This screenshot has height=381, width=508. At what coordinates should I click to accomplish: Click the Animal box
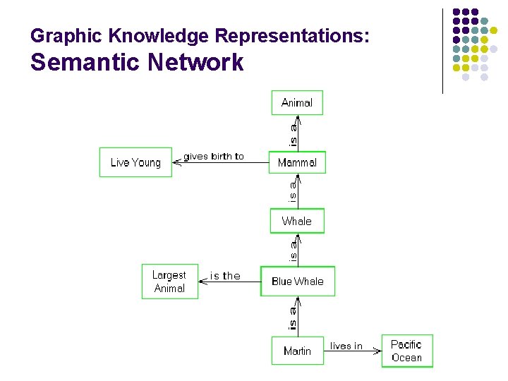pos(297,102)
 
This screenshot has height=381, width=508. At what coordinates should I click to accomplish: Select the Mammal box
pos(297,162)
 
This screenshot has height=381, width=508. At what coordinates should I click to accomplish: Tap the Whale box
pos(297,221)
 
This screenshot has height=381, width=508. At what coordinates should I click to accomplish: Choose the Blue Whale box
pos(297,281)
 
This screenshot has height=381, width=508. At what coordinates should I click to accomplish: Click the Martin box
pos(297,351)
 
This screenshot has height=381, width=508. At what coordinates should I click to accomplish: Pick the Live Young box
pos(135,162)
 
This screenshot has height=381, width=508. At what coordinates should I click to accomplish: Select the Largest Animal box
pos(169,282)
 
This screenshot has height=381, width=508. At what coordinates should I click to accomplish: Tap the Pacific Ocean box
pos(406,351)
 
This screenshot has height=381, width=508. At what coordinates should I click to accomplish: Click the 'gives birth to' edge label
pos(214,156)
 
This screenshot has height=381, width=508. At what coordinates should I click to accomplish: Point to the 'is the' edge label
pos(225,276)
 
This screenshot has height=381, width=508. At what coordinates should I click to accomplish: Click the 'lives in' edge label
pos(346,346)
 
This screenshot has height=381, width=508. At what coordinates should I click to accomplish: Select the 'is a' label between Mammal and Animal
pos(293,133)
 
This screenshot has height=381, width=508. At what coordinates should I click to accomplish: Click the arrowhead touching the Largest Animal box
pos(202,282)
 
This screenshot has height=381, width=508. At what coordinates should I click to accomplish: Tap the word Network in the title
pos(195,63)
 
